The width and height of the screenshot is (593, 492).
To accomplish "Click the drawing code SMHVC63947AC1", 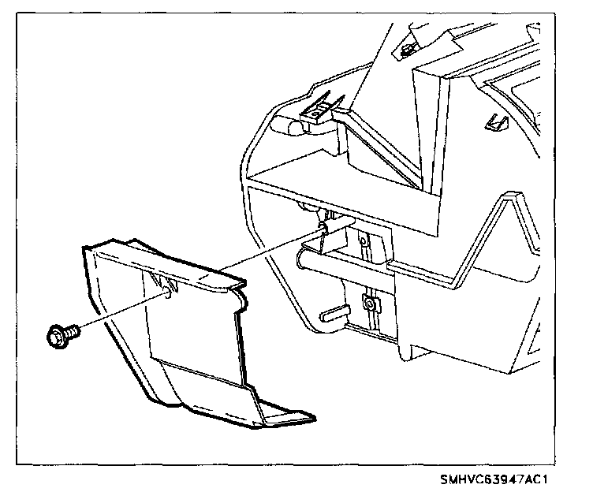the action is tap(494, 479).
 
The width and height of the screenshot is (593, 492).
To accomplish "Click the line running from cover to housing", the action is tap(252, 255).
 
